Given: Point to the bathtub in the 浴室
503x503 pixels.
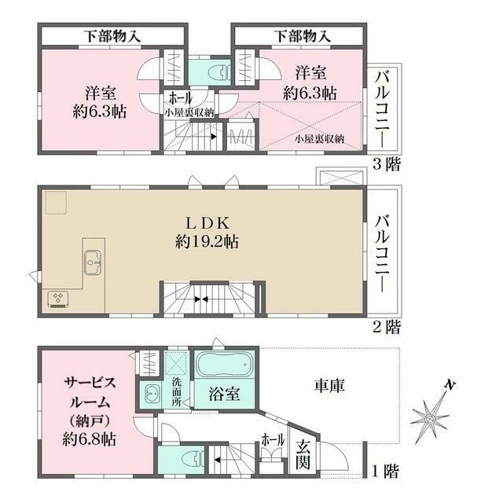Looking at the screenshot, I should tap(224, 366).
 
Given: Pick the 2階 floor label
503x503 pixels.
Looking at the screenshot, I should tap(385, 325).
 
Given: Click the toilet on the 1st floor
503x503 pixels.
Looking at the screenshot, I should tap(188, 457).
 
